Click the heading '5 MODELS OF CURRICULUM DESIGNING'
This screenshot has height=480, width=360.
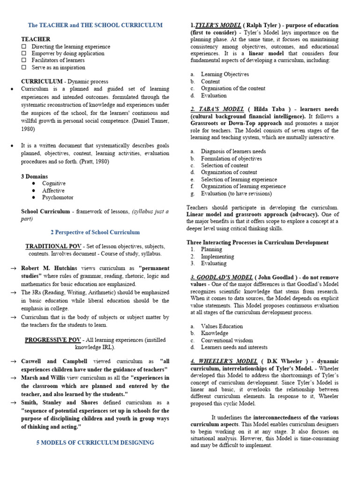coord(95,442)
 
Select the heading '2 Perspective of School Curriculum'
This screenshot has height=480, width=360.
coord(95,232)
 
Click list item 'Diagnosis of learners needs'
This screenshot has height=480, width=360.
coord(233,151)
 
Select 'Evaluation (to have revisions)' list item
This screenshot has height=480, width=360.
coord(236,194)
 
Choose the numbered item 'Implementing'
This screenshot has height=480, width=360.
coord(217,257)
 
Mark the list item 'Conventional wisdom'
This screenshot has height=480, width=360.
coord(227,340)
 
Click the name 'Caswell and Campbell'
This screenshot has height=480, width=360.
coord(54,362)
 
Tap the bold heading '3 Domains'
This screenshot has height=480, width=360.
coord(34,176)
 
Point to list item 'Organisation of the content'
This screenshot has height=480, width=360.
coord(233,88)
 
